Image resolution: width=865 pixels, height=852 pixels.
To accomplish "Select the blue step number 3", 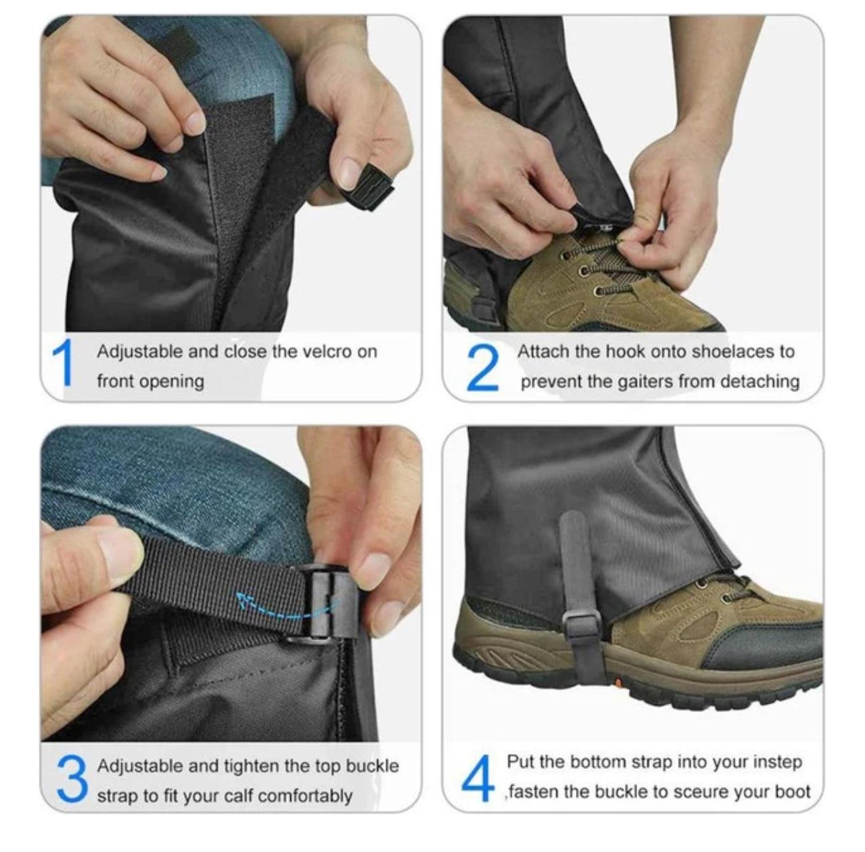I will pos(72,780).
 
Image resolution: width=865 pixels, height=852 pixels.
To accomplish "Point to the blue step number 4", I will pos(477,780).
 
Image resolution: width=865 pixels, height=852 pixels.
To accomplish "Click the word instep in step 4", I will pos(777,762).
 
